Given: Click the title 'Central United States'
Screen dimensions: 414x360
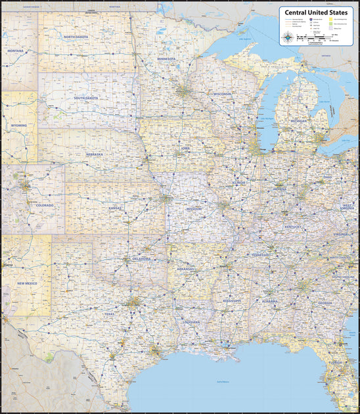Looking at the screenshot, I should (315, 11).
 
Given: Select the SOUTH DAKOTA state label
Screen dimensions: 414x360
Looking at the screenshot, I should (86, 98).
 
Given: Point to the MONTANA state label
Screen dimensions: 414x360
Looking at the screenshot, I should (14, 51).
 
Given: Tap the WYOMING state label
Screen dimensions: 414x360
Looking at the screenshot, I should (18, 125).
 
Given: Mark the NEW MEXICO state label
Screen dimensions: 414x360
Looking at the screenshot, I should (27, 283).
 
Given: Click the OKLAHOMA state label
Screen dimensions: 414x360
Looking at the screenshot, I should (141, 259).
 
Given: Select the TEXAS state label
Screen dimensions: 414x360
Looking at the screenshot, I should (109, 314).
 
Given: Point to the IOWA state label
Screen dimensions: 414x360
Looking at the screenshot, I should (185, 149).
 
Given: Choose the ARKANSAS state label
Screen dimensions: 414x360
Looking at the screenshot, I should (186, 269).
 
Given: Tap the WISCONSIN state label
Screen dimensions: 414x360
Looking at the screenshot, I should (222, 94).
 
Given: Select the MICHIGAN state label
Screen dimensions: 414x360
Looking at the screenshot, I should (300, 122).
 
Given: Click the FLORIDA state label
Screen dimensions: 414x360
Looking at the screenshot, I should (335, 362).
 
